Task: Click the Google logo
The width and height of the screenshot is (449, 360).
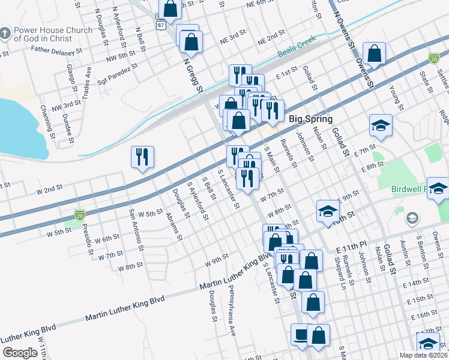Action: (x=20, y=353)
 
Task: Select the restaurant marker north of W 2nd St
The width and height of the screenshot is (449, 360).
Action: (x=143, y=157)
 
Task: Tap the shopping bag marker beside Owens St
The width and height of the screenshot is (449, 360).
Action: (x=375, y=54)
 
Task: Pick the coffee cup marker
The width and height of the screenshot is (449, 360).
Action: (x=300, y=334)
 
